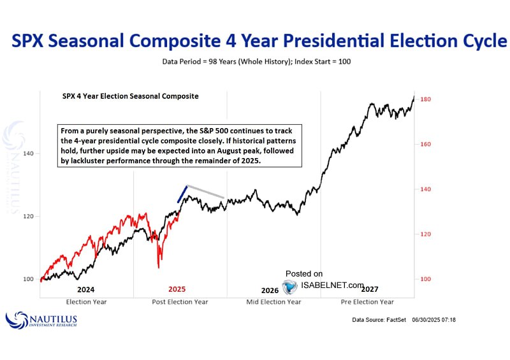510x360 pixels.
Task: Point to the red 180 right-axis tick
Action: [425, 99]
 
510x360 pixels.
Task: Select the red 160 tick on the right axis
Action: [425, 145]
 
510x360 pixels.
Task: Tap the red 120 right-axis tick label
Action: [425, 234]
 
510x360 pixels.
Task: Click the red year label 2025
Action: [177, 289]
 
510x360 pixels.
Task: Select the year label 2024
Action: [85, 289]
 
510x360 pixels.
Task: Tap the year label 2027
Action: [369, 289]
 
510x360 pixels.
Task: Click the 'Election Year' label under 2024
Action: [85, 301]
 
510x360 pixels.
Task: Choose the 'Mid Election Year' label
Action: [273, 301]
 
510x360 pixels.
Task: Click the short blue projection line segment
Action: [182, 194]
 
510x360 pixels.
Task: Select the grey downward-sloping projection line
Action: [205, 192]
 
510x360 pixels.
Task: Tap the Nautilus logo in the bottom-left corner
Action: [42, 319]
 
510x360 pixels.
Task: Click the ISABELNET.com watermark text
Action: [332, 286]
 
